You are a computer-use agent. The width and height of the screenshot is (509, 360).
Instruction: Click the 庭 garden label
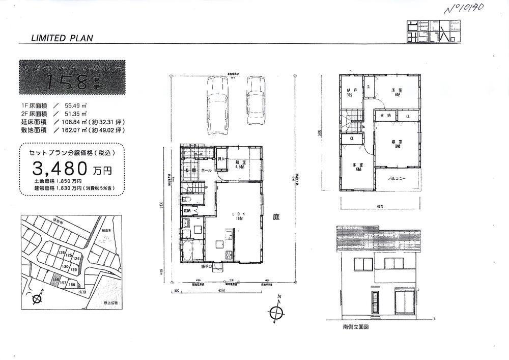click(x=277, y=217)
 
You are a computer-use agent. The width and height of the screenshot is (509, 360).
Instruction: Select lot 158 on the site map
click(x=56, y=279)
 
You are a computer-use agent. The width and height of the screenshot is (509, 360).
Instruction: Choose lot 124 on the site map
click(x=76, y=259)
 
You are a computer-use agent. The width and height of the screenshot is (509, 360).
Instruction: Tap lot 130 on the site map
click(x=65, y=266)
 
